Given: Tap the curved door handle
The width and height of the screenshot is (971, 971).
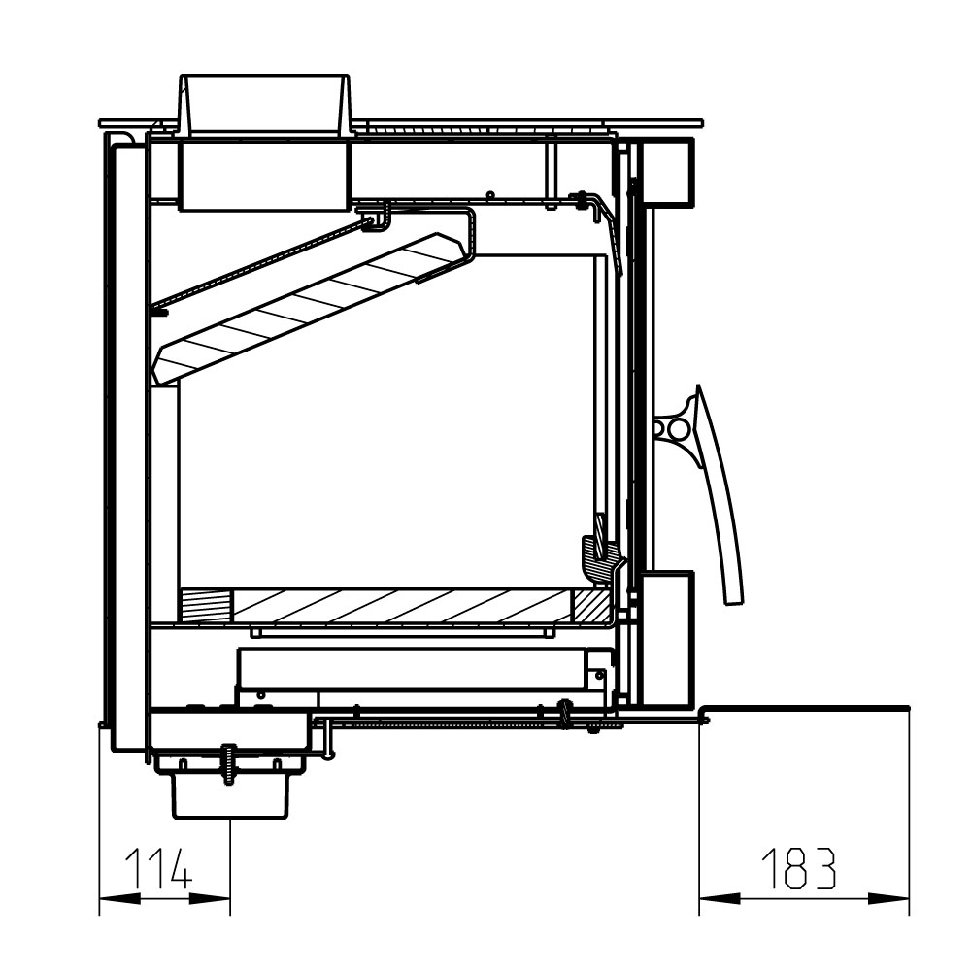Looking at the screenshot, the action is [719, 495].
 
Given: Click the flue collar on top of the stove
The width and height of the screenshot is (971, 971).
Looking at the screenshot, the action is [264, 104].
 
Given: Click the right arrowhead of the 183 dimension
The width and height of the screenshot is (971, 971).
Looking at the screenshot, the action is [888, 898].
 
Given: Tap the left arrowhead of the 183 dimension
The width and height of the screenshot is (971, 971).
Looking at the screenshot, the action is [720, 898].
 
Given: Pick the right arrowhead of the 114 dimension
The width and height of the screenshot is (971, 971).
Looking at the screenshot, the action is [210, 898].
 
